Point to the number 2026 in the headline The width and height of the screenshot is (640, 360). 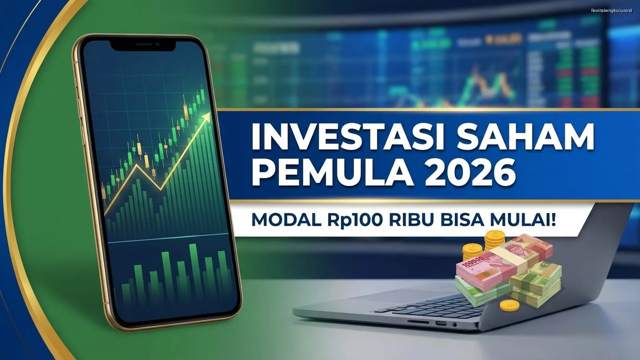[470, 173]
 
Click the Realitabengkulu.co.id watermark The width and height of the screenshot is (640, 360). [611, 10]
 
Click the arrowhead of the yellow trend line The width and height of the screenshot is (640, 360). [206, 116]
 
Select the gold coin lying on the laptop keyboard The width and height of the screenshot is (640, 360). [510, 306]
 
